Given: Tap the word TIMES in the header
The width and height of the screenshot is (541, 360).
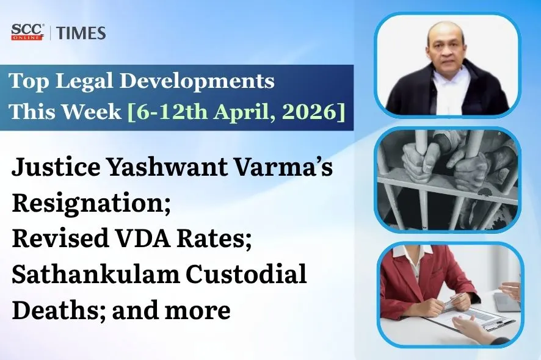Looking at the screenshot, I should [x=81, y=33].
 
